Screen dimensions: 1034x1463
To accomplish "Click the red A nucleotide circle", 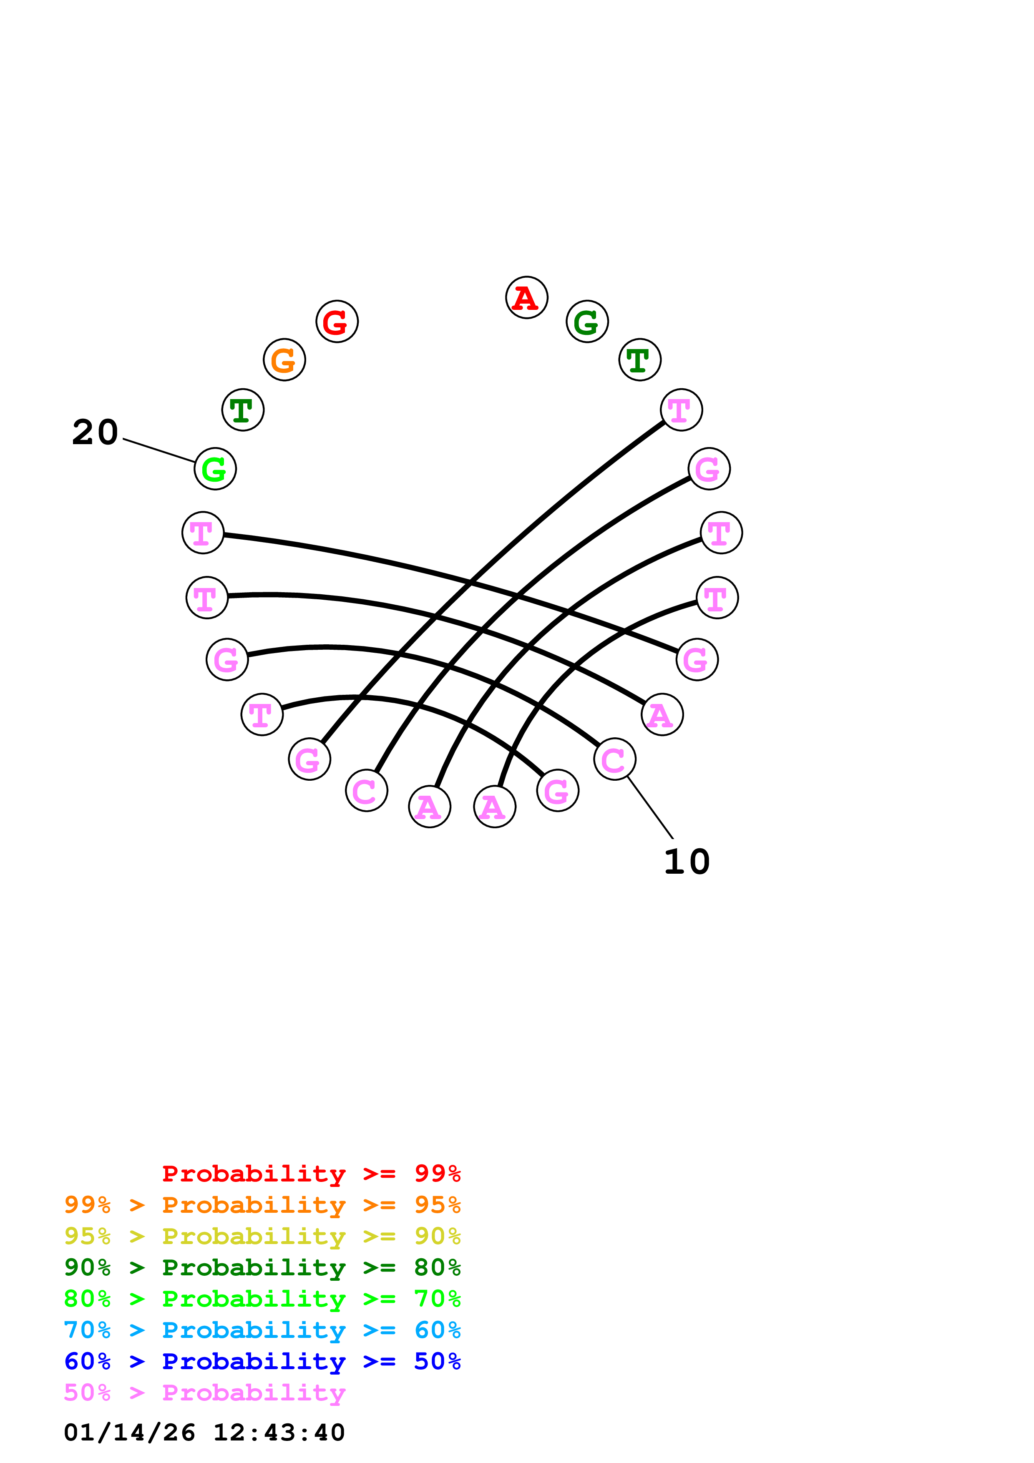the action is click(526, 298).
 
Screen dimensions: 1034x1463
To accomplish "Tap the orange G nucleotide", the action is click(284, 359).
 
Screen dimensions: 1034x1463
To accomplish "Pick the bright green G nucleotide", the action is click(215, 469).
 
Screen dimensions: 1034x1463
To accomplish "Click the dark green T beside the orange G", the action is click(243, 410).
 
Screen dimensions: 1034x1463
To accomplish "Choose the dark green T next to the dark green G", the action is click(640, 359).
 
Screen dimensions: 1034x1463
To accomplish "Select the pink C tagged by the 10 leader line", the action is click(614, 759).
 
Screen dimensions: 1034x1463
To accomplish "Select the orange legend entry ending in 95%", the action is click(262, 1205).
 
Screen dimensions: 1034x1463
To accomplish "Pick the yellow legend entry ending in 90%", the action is click(262, 1236).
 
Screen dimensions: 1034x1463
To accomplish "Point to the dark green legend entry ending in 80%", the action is click(262, 1267).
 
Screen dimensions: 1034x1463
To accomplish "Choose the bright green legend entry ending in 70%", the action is click(262, 1299).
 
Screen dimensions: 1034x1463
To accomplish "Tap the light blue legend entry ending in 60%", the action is click(262, 1330).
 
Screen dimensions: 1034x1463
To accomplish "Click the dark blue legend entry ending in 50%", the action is click(262, 1361).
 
